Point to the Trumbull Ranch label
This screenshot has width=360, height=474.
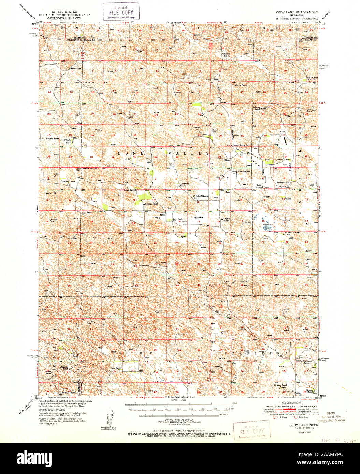tap(68, 181)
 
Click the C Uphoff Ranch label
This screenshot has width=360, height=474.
tap(201, 196)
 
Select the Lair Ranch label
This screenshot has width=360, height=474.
tap(116, 368)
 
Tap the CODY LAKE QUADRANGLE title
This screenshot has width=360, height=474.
tap(297, 12)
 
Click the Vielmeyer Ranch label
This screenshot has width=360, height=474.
tap(306, 362)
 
